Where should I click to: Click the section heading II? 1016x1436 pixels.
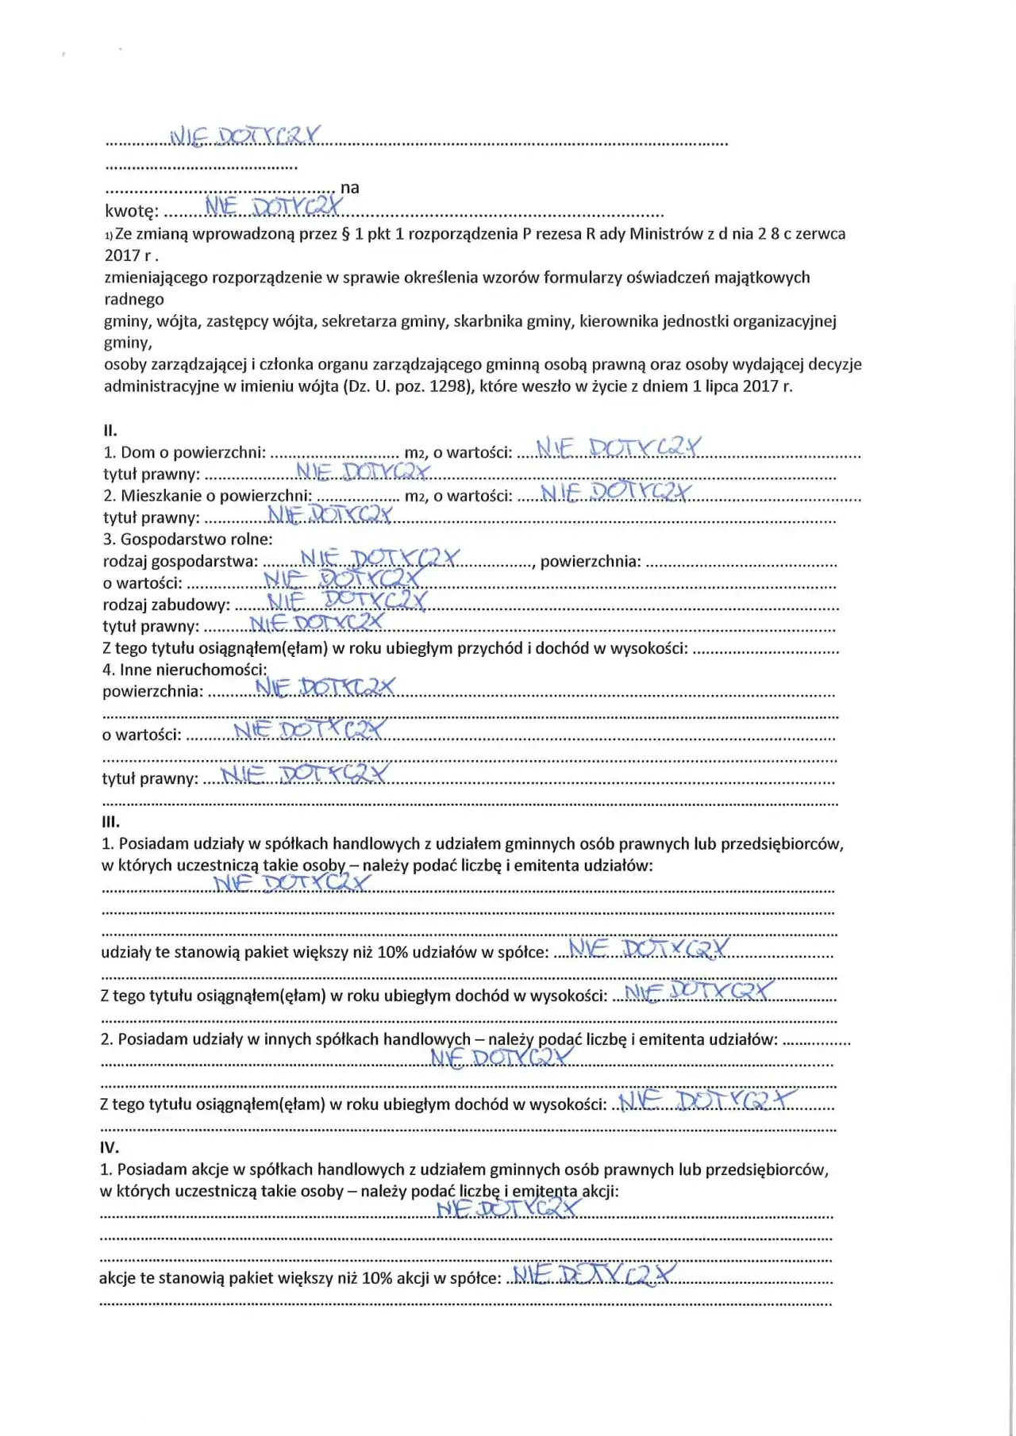(110, 431)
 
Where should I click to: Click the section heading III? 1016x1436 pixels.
(110, 822)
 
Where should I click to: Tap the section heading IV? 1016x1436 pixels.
(110, 1147)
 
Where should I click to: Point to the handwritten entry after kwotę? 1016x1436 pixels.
(274, 206)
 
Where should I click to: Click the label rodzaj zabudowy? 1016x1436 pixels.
(166, 605)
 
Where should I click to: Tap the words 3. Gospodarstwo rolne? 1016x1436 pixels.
(188, 539)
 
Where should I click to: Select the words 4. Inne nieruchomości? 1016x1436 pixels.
(185, 670)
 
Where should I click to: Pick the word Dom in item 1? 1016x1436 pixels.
(137, 452)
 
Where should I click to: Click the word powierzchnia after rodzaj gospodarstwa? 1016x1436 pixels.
(590, 562)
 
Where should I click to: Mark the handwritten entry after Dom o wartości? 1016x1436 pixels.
(619, 448)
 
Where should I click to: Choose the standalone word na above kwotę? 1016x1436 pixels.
(349, 188)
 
